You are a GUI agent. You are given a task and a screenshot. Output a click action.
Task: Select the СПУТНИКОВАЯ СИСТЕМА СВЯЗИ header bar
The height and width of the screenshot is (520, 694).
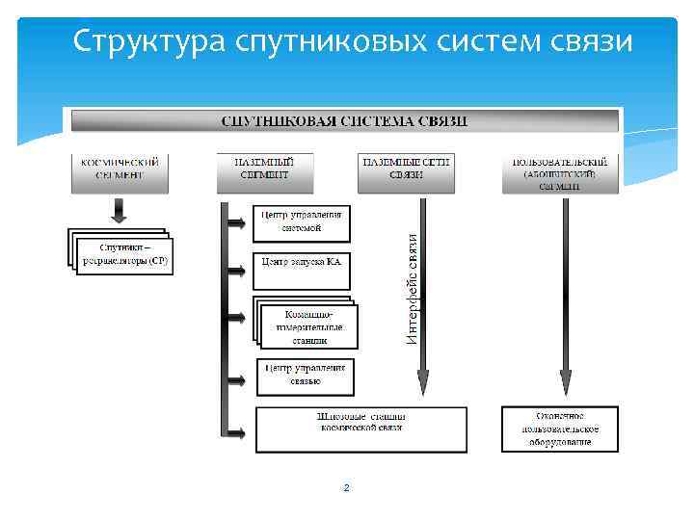[x=344, y=121]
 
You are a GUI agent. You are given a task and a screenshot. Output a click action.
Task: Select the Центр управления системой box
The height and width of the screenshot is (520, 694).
[x=302, y=222]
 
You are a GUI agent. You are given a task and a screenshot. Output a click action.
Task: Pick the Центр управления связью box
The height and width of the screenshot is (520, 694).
[x=305, y=376]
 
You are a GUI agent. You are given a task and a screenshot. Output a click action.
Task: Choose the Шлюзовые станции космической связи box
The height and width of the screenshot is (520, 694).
[x=360, y=429]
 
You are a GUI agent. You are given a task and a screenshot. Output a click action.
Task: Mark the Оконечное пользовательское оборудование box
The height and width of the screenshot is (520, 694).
[x=560, y=429]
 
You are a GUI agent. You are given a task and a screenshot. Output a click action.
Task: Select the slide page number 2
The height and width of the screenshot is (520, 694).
[x=347, y=488]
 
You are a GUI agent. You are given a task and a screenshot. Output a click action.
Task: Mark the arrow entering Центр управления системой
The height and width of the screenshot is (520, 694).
[x=237, y=223]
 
